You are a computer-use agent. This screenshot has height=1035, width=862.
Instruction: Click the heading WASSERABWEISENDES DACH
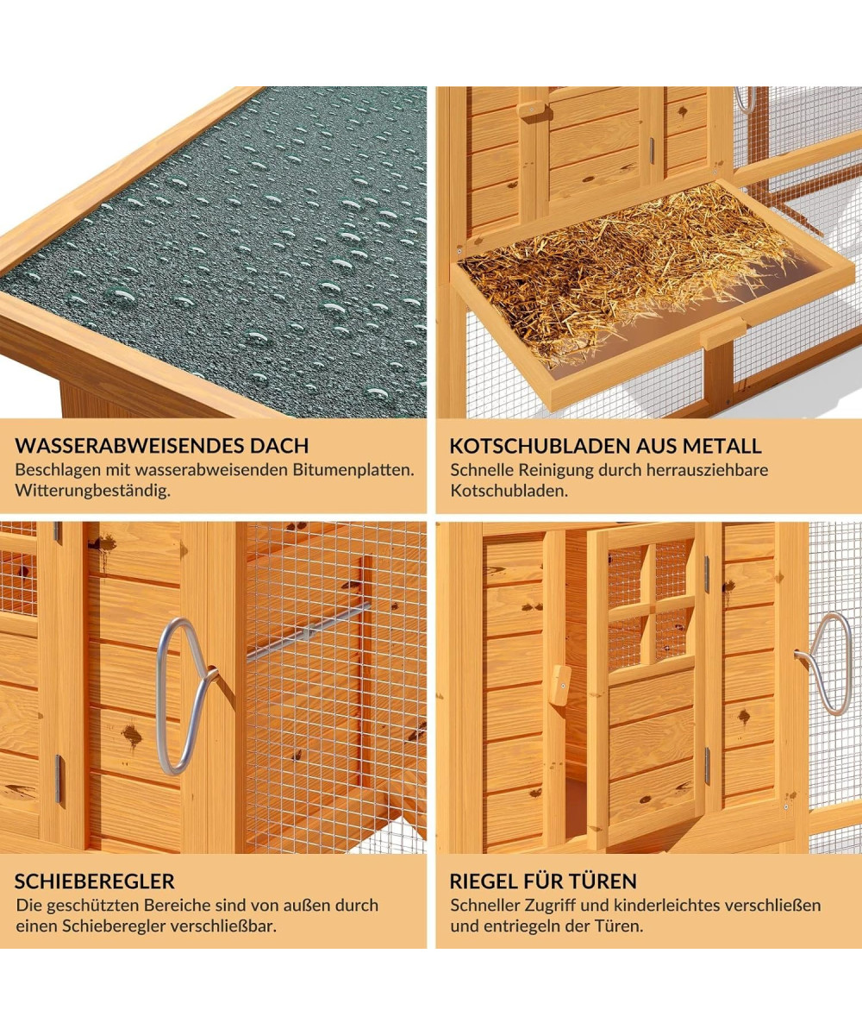(161, 446)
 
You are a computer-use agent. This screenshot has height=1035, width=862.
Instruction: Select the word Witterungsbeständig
(92, 492)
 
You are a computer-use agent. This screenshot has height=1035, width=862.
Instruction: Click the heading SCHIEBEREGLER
(95, 881)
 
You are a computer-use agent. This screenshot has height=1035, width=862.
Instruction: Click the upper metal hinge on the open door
(707, 574)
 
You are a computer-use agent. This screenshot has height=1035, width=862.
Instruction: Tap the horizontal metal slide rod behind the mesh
(308, 632)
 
